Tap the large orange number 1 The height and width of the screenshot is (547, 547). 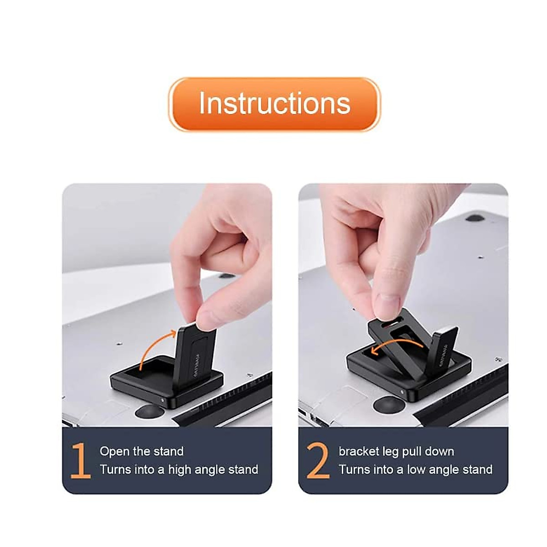point(81,460)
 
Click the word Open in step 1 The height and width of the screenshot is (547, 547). point(114,452)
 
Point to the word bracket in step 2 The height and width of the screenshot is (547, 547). point(359,452)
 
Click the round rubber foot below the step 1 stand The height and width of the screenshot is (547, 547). point(149,412)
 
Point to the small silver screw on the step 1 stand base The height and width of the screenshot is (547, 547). point(163,400)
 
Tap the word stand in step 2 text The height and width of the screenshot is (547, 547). point(478,470)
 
